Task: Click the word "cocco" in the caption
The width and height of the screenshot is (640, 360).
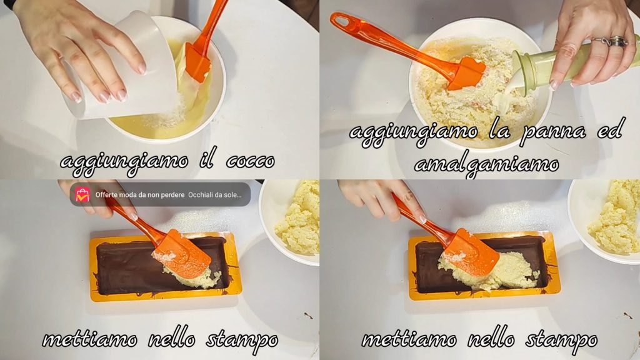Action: click(250, 162)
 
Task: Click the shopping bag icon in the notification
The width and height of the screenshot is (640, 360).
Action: click(82, 195)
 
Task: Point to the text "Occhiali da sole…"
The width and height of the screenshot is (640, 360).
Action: click(215, 195)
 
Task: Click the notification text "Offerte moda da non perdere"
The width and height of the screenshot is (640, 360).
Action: click(140, 195)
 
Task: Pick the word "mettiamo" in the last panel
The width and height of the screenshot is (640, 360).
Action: click(409, 339)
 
